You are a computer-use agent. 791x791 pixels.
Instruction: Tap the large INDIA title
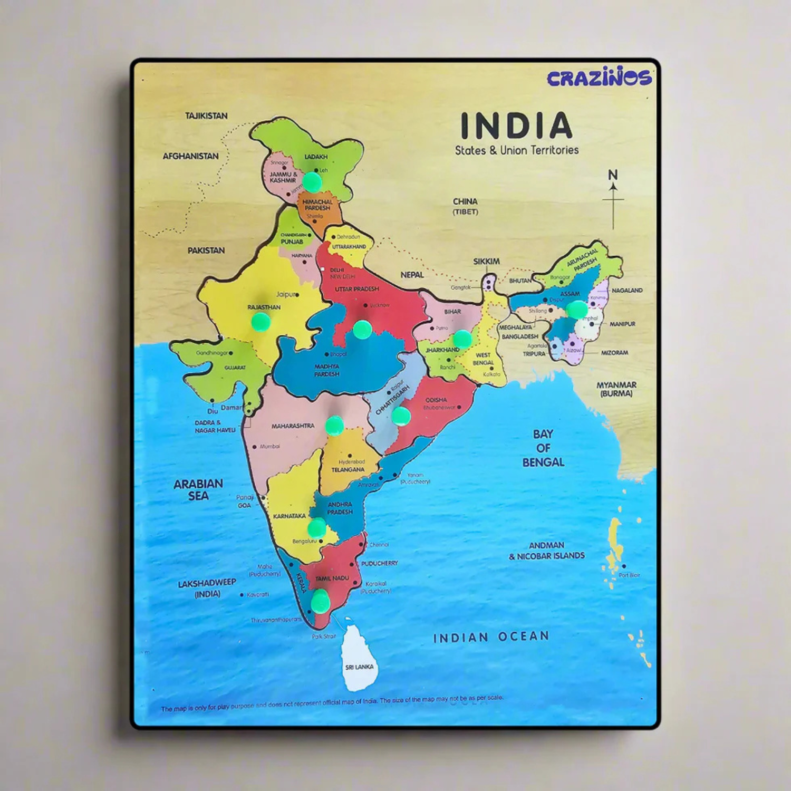click(x=516, y=126)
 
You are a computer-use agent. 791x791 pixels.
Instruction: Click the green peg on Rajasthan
click(x=261, y=321)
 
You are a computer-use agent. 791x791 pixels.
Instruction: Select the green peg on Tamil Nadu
click(x=320, y=601)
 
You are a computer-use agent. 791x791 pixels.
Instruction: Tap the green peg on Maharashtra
click(x=334, y=426)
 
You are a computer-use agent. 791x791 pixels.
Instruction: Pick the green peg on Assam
click(x=577, y=310)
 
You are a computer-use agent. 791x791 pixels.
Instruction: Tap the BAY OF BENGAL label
click(x=543, y=448)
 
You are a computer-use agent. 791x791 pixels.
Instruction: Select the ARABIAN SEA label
click(x=198, y=490)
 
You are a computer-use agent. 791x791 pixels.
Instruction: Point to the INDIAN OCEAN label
click(x=491, y=637)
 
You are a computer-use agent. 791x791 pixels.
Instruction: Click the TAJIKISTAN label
click(x=206, y=115)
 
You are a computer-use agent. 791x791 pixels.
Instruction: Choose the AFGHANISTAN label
click(x=190, y=156)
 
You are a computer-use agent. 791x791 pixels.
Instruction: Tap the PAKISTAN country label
click(x=206, y=250)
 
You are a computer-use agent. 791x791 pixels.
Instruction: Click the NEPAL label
click(x=412, y=275)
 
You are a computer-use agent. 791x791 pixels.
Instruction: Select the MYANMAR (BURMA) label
click(x=616, y=389)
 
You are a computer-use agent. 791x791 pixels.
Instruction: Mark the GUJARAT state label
click(x=235, y=368)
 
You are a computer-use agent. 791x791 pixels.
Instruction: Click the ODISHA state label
click(x=436, y=400)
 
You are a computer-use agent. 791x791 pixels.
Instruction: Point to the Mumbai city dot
click(x=255, y=447)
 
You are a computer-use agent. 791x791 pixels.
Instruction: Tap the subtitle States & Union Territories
click(x=517, y=150)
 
